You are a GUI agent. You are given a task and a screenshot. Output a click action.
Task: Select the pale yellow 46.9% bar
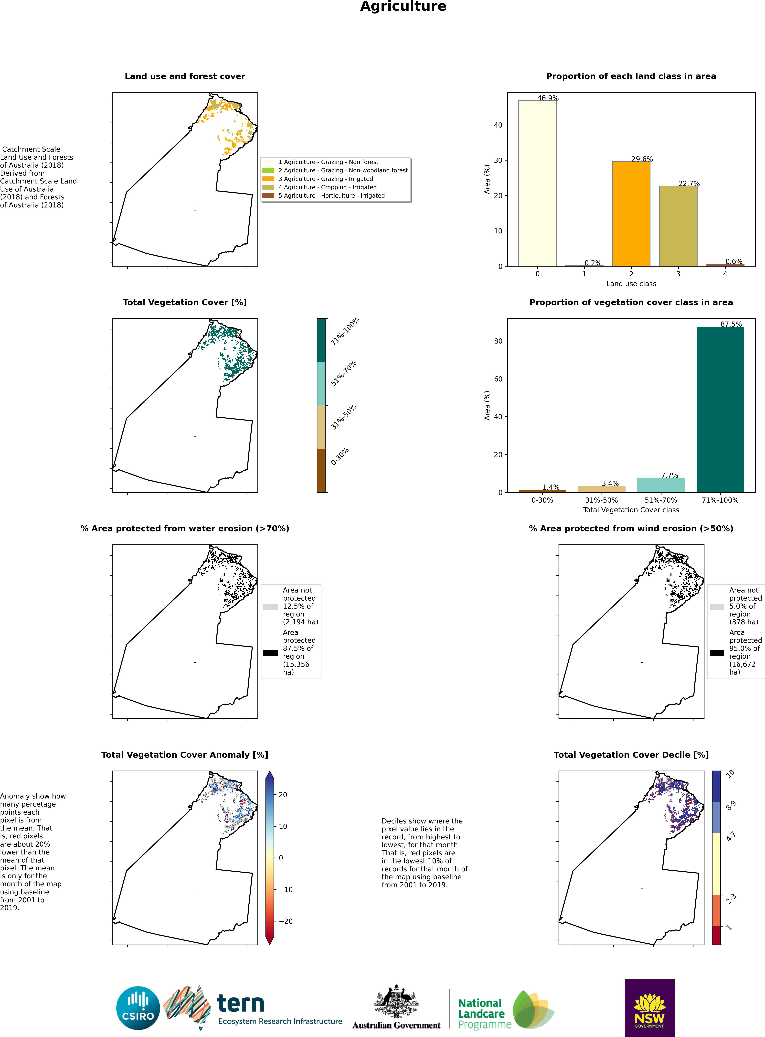(x=537, y=183)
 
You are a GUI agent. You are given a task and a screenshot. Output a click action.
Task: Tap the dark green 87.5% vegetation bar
(x=720, y=409)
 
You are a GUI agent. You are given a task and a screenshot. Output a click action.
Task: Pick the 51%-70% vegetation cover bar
(x=661, y=485)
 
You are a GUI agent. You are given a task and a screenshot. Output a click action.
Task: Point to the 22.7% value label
(x=689, y=183)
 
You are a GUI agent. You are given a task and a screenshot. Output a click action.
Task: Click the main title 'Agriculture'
(x=403, y=7)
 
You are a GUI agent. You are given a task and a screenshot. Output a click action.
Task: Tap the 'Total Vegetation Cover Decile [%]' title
(x=631, y=755)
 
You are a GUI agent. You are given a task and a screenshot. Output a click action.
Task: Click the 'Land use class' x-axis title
(x=631, y=283)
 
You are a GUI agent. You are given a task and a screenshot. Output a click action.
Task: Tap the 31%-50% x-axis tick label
(x=602, y=500)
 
